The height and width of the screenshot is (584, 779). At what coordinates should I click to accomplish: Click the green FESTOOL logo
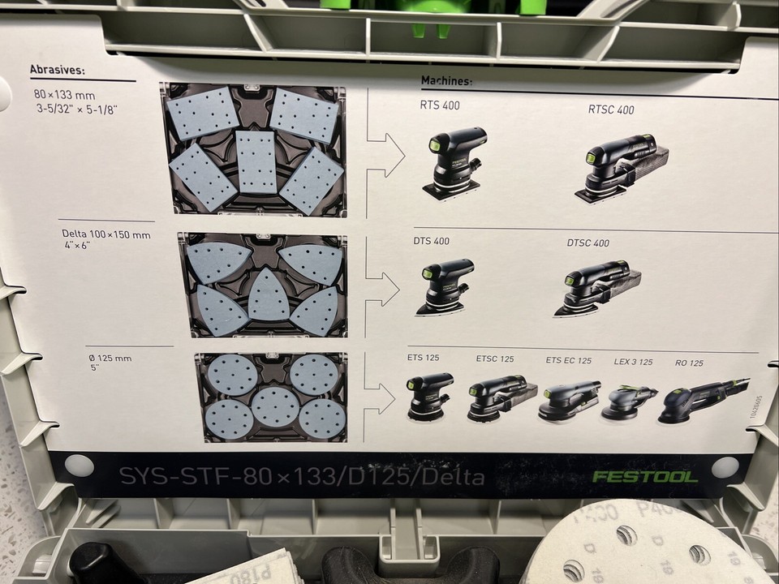644,476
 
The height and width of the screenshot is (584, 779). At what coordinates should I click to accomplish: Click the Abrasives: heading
57,71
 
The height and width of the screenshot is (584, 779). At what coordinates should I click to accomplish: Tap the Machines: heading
446,81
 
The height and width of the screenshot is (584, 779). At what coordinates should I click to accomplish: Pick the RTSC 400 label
611,109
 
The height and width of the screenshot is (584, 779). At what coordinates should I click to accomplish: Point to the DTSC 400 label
587,243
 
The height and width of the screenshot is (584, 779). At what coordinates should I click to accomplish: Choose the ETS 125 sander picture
429,396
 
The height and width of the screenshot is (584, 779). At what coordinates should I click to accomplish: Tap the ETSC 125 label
494,359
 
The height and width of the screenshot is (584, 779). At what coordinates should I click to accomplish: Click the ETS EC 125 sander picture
568,400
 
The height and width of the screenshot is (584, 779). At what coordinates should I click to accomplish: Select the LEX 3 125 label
633,362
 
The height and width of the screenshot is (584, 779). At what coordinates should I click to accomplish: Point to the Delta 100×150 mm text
106,235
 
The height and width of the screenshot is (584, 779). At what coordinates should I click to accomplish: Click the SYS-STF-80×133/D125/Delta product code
302,476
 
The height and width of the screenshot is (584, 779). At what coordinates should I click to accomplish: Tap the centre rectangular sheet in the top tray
256,161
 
